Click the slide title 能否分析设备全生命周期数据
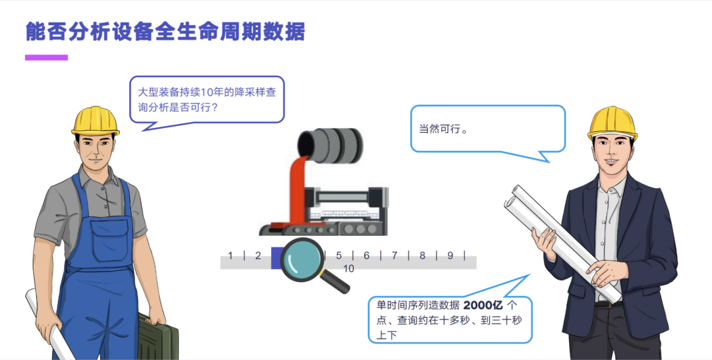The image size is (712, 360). [165, 32]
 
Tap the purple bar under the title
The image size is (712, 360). [46, 57]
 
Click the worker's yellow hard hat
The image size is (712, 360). [96, 121]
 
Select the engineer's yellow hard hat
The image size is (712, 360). [612, 123]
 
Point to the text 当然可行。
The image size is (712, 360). [443, 129]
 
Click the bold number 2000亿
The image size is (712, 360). [483, 305]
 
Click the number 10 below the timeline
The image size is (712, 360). [348, 269]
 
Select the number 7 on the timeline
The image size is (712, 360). [394, 256]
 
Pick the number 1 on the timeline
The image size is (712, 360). [230, 256]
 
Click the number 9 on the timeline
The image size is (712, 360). [450, 256]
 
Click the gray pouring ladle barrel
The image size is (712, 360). [330, 145]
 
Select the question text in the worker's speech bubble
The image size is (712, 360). [206, 100]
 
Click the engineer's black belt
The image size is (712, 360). [608, 304]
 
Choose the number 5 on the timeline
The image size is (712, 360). [339, 256]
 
